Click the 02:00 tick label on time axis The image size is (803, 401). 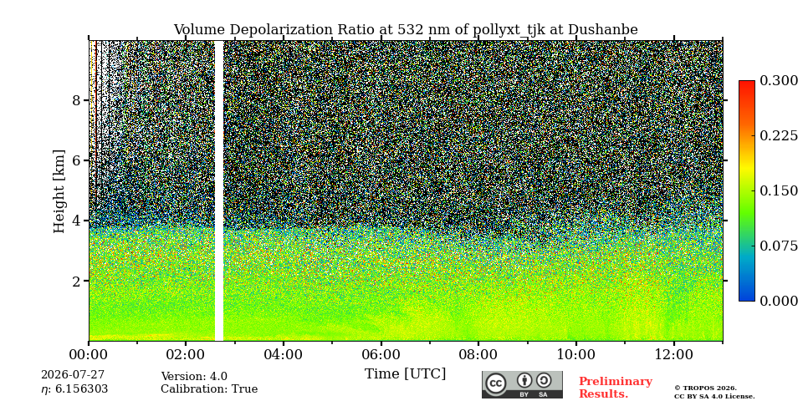[x=186, y=355]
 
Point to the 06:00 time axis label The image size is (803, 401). [x=381, y=355]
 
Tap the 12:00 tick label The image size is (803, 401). [x=673, y=355]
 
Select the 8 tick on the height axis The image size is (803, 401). [x=77, y=100]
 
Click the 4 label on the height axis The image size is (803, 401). [x=77, y=221]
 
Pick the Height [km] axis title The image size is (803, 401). [x=59, y=191]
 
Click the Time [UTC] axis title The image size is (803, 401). [x=405, y=374]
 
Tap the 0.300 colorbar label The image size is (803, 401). [x=779, y=81]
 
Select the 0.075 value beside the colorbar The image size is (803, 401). [x=779, y=246]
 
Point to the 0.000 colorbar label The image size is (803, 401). [x=779, y=301]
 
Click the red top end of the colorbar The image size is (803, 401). [x=747, y=83]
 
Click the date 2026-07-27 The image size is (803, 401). [x=73, y=375]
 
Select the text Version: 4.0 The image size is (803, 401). [x=194, y=377]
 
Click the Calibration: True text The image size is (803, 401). [x=209, y=389]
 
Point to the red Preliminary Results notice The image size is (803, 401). [x=616, y=388]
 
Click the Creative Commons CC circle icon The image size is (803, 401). [x=496, y=383]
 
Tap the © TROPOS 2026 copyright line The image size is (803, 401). [x=705, y=388]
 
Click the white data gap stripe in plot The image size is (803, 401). [x=218, y=190]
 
